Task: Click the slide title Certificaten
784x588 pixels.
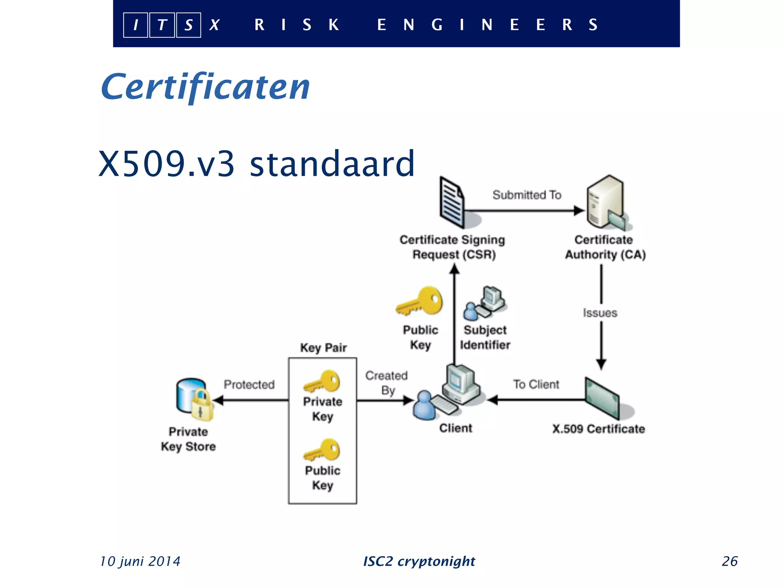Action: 205,87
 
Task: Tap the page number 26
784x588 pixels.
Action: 729,561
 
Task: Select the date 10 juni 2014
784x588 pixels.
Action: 140,561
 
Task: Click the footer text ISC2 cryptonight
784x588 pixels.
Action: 419,561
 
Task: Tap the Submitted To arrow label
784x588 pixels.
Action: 527,195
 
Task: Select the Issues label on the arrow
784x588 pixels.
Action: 600,313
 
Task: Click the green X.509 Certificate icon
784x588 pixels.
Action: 602,398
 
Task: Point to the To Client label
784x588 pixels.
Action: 536,384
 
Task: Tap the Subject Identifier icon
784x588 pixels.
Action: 485,303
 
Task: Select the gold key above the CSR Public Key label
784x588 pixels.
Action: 420,302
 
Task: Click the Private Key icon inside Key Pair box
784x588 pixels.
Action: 322,381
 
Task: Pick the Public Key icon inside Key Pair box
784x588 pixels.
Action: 322,450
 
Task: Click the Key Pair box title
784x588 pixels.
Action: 323,348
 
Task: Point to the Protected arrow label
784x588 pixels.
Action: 249,384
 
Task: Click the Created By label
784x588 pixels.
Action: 387,383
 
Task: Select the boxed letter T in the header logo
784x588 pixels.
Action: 162,25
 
